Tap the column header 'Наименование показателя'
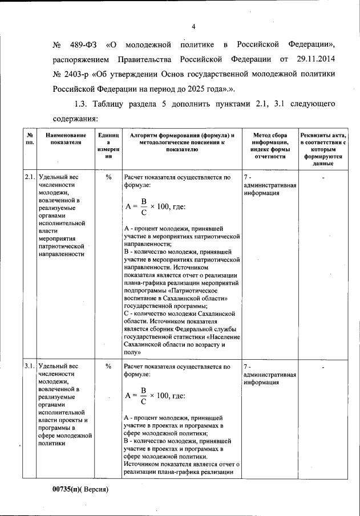[x=62, y=139]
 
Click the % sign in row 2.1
[x=108, y=177]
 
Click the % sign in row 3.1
[x=108, y=366]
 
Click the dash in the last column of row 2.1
[x=323, y=178]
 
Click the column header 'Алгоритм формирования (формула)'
[x=182, y=135]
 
